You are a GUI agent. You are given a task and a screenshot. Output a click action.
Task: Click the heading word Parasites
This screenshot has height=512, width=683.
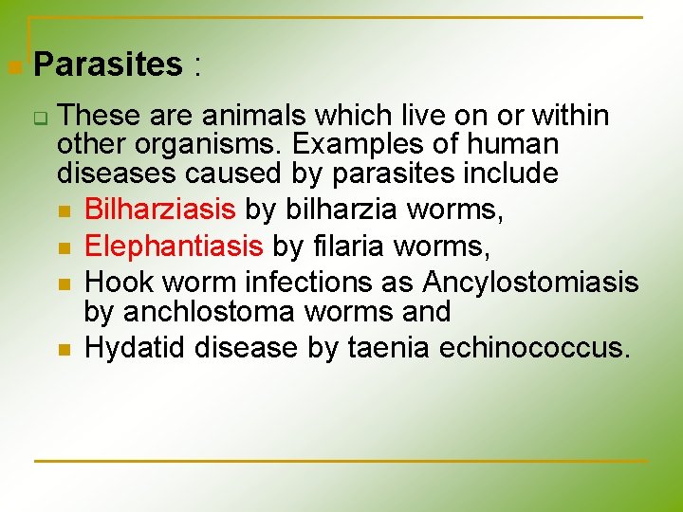107,64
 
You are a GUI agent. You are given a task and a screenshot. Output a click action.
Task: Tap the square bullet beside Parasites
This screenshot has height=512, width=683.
13,67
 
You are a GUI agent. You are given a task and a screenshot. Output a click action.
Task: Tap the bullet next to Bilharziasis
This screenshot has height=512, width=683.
65,211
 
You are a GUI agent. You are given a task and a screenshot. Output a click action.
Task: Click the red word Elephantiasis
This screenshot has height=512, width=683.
173,246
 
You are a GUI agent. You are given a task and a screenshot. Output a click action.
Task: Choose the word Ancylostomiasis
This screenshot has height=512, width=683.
530,283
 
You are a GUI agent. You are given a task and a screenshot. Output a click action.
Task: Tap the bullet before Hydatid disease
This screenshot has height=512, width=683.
65,350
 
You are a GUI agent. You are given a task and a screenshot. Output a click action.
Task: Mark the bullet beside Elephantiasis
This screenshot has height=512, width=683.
65,248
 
